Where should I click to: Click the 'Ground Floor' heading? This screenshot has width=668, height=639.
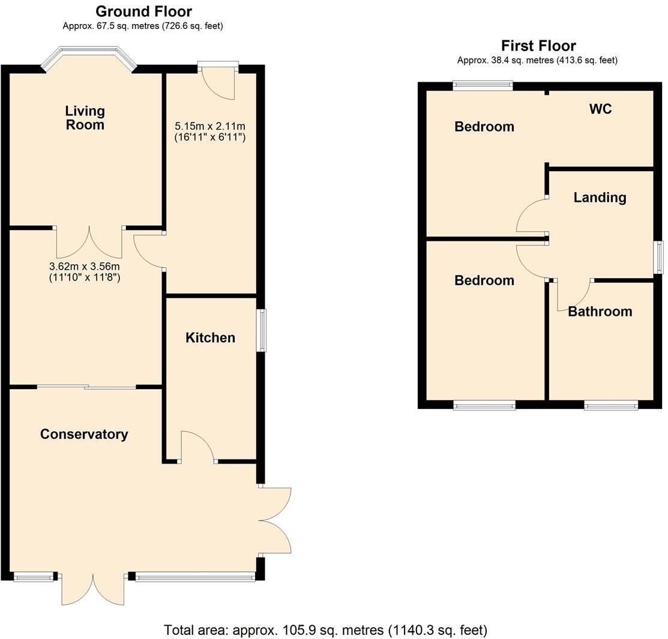point(143,11)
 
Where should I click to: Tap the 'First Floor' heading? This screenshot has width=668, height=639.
point(538,46)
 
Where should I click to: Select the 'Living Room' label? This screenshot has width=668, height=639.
point(85,118)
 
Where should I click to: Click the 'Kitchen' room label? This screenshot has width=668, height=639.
point(210,338)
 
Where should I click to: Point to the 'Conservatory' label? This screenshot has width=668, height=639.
point(84,434)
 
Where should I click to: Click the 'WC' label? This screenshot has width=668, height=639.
point(600,109)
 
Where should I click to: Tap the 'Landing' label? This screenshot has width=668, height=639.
point(599,198)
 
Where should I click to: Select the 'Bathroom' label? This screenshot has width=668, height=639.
point(600,311)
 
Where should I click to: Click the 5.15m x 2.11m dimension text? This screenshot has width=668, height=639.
point(210,132)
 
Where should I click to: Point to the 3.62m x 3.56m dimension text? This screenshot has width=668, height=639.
point(84,272)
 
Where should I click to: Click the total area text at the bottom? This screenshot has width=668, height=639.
point(325,630)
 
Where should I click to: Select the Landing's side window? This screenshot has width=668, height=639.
point(659,257)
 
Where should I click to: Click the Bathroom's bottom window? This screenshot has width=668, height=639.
point(611,406)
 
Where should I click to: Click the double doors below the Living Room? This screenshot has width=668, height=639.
point(89,242)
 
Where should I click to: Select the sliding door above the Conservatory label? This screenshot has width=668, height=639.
point(86,387)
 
